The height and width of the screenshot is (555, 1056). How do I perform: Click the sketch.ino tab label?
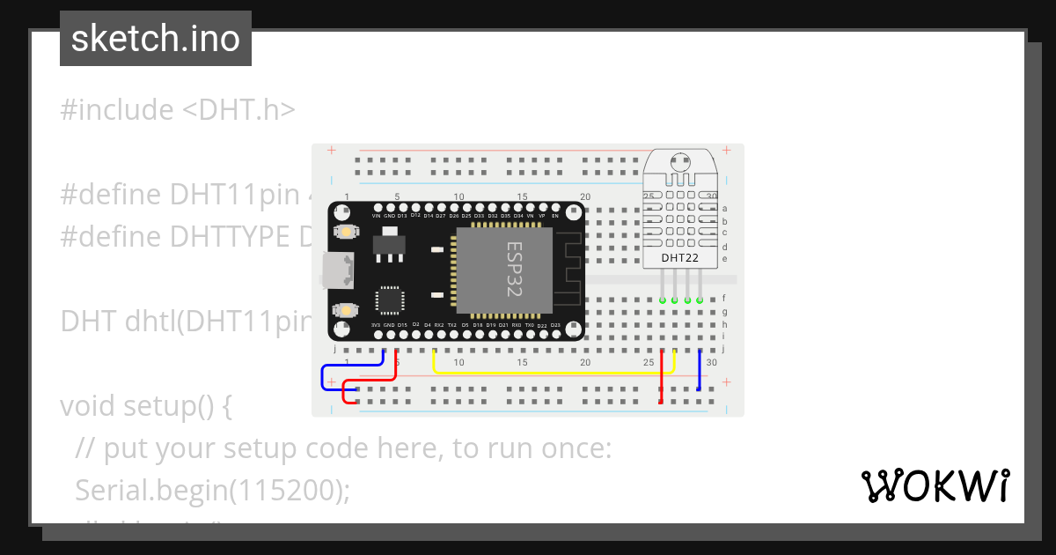click(x=156, y=39)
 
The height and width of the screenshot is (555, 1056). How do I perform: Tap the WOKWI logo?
click(x=935, y=485)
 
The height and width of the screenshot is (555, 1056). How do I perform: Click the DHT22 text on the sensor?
click(x=680, y=257)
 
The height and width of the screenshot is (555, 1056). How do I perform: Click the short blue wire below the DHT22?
click(x=700, y=370)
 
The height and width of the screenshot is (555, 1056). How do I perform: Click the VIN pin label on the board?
click(x=377, y=215)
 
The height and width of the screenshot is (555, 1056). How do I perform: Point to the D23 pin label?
click(x=555, y=325)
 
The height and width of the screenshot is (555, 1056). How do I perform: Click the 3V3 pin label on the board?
click(x=376, y=325)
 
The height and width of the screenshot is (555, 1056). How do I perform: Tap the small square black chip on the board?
click(x=390, y=300)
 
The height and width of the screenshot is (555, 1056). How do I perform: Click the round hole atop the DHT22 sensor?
click(x=678, y=162)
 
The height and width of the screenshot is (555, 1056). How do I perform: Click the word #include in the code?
click(x=117, y=110)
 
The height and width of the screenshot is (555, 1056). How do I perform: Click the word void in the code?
click(x=88, y=406)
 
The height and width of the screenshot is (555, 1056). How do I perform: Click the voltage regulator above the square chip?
click(x=389, y=242)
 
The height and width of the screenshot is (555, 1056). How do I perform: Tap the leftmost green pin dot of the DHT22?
click(x=662, y=300)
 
